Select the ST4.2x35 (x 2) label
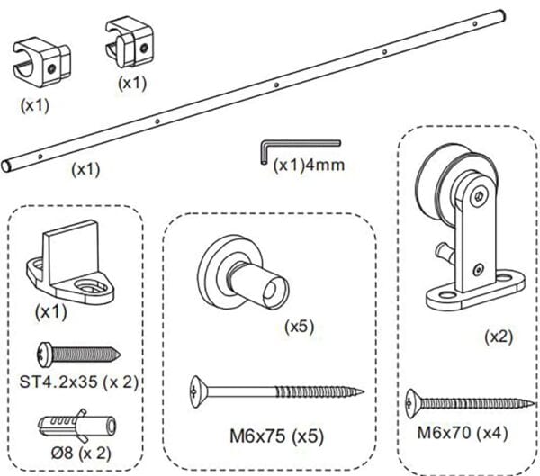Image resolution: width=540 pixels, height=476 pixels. coord(78,382)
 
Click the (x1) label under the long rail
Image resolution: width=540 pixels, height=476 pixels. coord(85,167)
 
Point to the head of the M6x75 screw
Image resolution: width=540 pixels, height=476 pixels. coord(200,389)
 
